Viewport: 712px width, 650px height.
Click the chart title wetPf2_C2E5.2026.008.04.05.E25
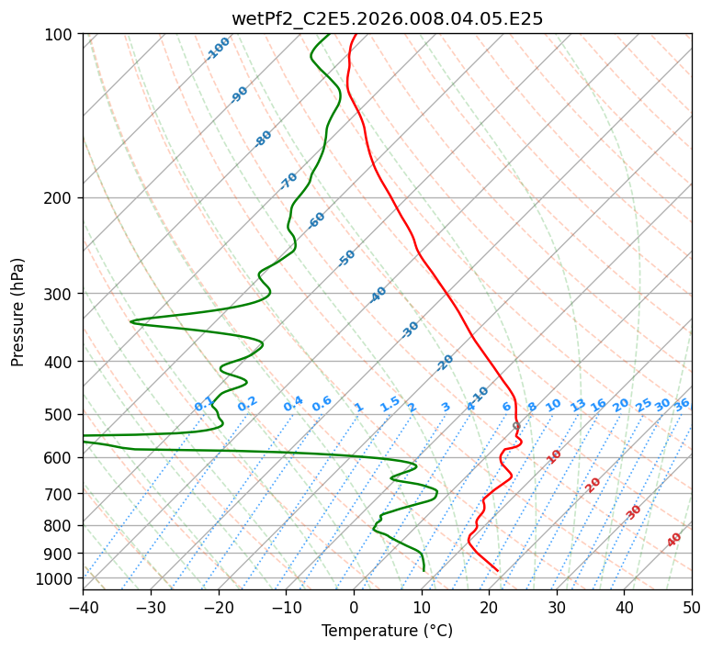coord(388,19)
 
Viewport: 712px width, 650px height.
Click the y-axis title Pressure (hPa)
coord(17,312)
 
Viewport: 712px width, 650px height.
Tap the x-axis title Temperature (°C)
coord(388,631)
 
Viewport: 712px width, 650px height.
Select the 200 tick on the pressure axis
coord(61,198)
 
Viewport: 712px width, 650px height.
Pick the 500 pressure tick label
coord(61,415)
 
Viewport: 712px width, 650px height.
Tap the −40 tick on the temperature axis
coord(83,607)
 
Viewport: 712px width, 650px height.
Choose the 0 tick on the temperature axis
coord(355,607)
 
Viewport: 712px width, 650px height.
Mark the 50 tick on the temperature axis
coord(692,607)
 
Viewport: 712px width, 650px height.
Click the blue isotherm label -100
coord(218,49)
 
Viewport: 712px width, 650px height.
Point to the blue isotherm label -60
coord(316,220)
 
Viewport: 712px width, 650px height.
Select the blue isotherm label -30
coord(410,330)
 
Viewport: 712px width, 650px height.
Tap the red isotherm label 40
coord(674,540)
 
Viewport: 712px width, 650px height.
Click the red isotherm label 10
coord(554,456)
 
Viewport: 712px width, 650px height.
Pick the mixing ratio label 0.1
coord(204,404)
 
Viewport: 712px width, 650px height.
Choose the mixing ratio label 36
coord(682,405)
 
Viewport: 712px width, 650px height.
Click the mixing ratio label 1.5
coord(390,404)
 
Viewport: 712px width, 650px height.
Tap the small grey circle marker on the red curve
coord(516,426)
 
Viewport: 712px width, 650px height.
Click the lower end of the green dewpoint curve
coord(424,571)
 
